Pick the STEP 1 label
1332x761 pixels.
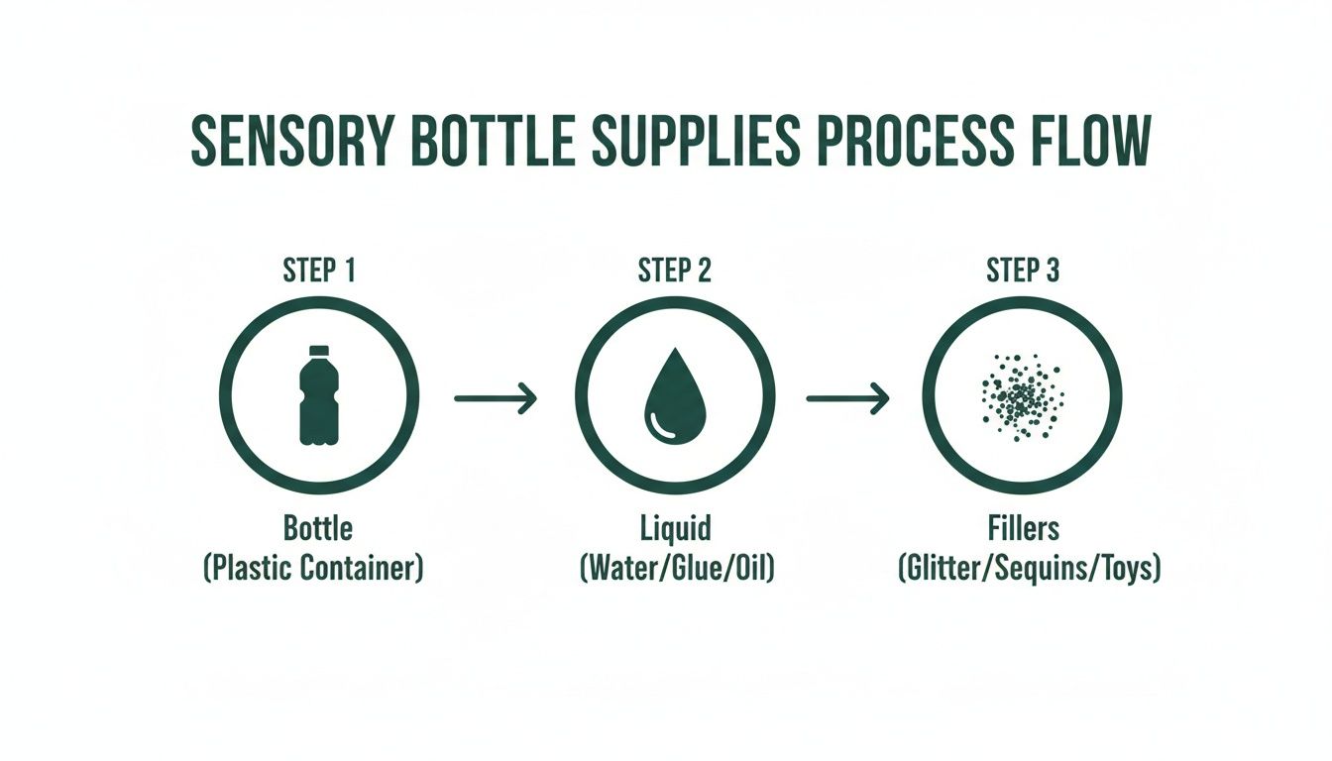319,271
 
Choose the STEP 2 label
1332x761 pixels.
675,271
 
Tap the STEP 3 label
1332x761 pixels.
1024,271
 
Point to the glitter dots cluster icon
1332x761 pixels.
1022,395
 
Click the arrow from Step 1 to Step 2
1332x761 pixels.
496,398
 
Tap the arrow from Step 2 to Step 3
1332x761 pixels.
847,398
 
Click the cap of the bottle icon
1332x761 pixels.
318,351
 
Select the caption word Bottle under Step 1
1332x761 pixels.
318,528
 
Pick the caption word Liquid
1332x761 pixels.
676,528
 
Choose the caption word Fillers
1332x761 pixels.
1024,528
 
